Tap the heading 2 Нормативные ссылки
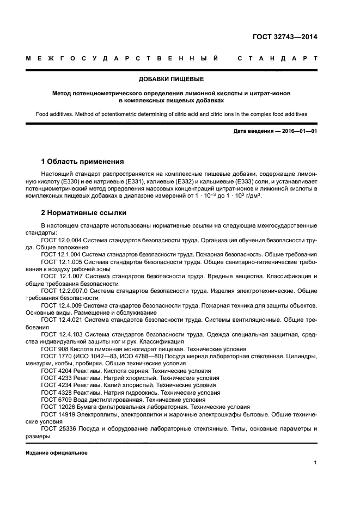click(x=84, y=213)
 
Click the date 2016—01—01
click(x=298, y=131)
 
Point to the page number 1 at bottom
click(x=315, y=463)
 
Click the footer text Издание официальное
click(x=57, y=452)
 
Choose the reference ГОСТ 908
click(x=53, y=348)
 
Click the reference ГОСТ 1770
click(x=55, y=356)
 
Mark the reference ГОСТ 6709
click(x=55, y=399)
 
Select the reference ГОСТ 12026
click(x=57, y=406)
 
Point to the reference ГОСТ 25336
click(x=57, y=428)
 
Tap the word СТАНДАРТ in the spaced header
click(x=277, y=58)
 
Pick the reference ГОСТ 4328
click(x=55, y=392)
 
